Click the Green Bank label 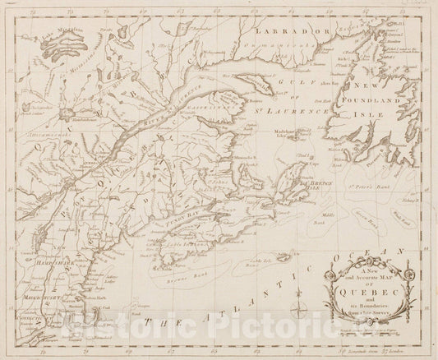pyautogui.click(x=373, y=197)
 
